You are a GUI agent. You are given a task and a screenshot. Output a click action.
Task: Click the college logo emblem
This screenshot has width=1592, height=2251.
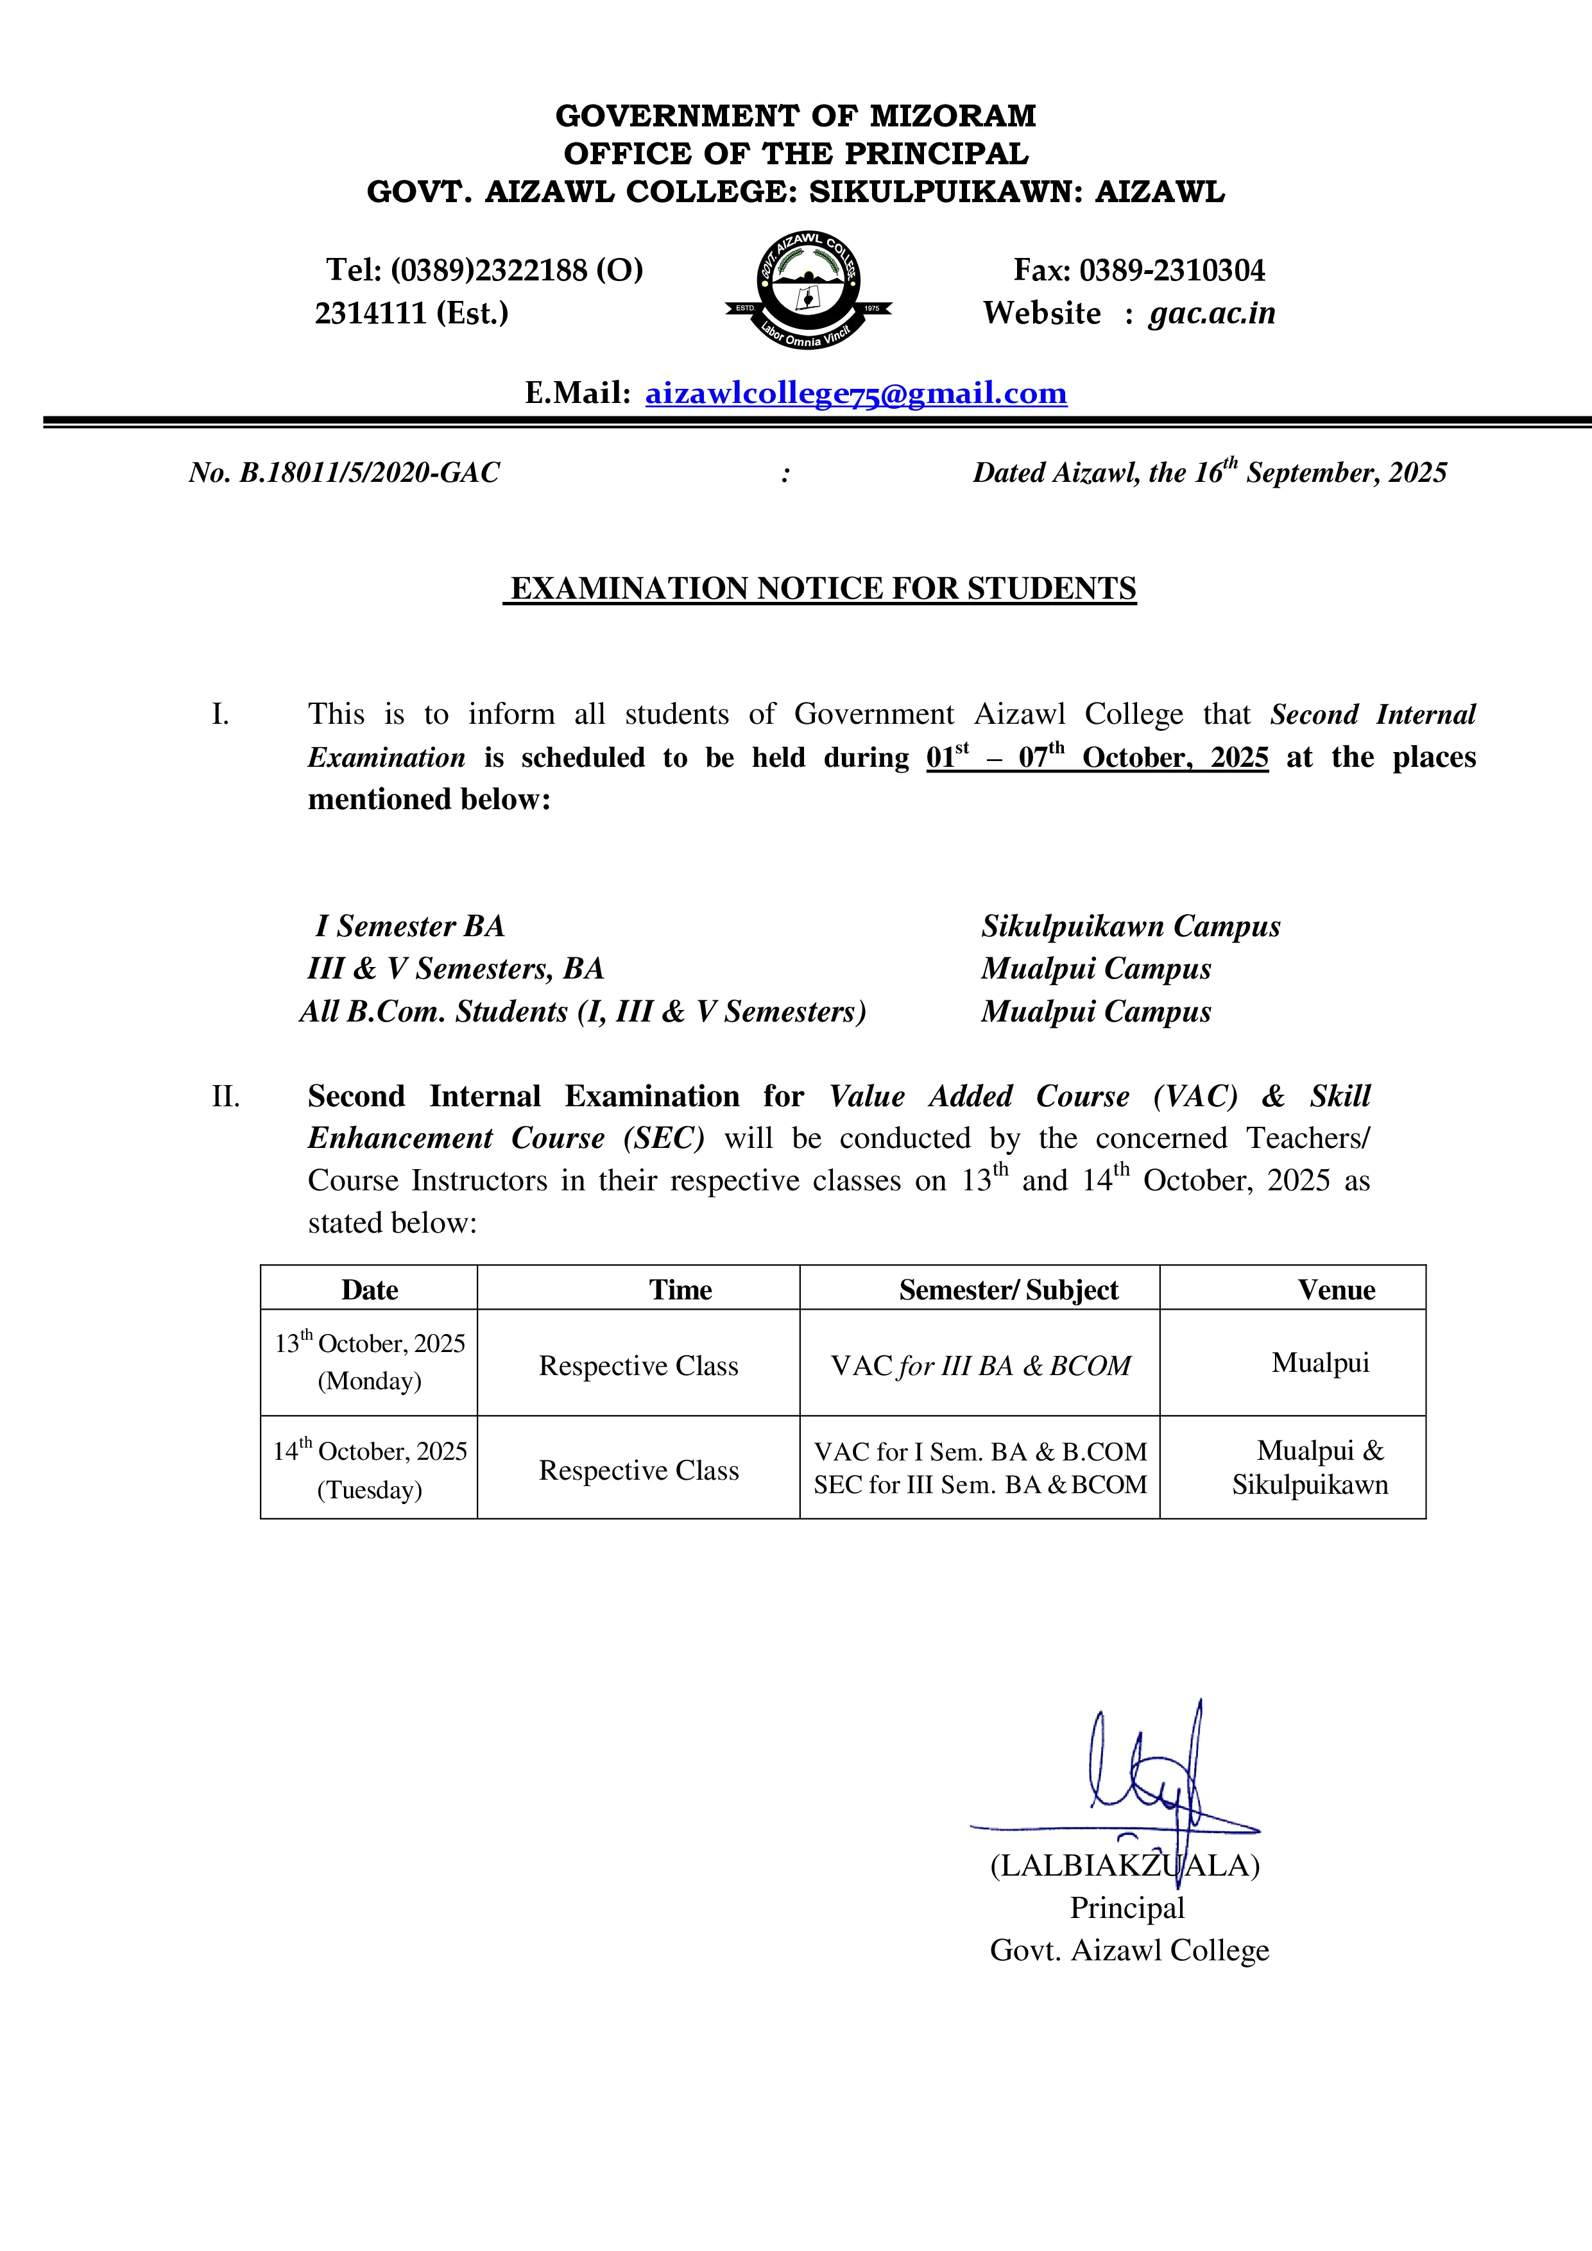tap(808, 289)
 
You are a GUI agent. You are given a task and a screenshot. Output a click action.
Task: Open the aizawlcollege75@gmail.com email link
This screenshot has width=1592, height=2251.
tap(856, 393)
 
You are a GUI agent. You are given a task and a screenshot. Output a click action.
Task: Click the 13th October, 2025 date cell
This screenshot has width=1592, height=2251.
tap(370, 1362)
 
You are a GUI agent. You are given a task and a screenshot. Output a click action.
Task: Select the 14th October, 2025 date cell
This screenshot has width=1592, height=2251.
tap(370, 1469)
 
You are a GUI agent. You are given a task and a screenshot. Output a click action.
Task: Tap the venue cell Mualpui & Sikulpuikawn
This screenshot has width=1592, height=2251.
tap(1311, 1467)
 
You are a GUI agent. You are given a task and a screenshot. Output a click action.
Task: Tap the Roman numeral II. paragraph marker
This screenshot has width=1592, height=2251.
tap(225, 1096)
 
